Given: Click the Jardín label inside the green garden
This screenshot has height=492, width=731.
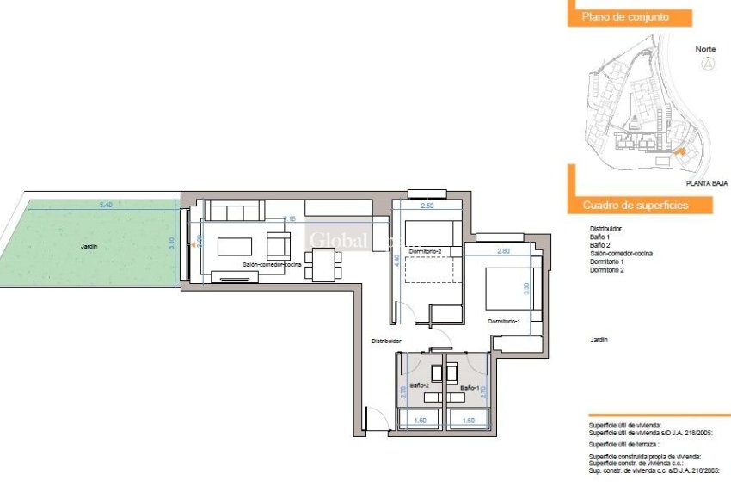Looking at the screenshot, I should pyautogui.click(x=89, y=246).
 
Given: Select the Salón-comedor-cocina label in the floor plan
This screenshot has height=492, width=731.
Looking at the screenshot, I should pyautogui.click(x=271, y=265).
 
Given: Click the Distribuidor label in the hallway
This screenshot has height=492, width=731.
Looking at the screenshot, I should pyautogui.click(x=386, y=341).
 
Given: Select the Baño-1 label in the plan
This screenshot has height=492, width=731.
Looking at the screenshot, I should pyautogui.click(x=469, y=388).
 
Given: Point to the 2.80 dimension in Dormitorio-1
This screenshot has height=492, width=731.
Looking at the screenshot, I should pyautogui.click(x=504, y=250).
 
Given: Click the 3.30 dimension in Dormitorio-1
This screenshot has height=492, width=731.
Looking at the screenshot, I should pyautogui.click(x=527, y=291).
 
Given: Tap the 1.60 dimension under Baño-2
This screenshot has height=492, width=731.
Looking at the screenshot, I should pyautogui.click(x=421, y=421).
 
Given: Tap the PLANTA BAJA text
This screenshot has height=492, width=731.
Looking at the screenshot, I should pyautogui.click(x=707, y=183).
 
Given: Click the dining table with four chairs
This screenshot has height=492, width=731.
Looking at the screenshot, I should pyautogui.click(x=322, y=264).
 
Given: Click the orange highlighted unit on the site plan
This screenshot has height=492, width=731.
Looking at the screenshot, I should pyautogui.click(x=680, y=151).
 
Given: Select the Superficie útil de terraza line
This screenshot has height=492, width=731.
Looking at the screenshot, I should pyautogui.click(x=618, y=443).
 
